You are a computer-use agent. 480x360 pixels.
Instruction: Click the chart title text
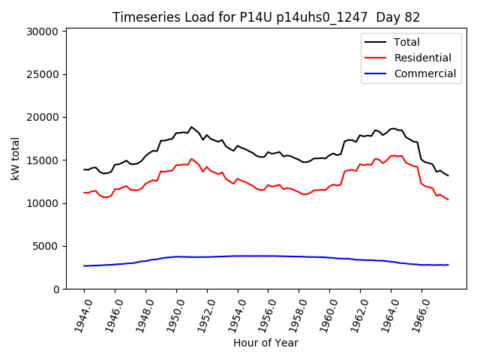click(x=265, y=17)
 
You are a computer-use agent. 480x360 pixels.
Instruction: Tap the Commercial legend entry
click(x=424, y=73)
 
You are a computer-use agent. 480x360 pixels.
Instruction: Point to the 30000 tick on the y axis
click(x=42, y=31)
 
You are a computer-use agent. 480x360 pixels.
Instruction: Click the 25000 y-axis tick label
click(x=42, y=74)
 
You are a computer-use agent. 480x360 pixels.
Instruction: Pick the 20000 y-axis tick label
click(x=42, y=117)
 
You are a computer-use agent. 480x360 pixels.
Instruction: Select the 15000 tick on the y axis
click(x=42, y=160)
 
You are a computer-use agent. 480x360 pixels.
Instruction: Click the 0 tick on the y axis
click(x=55, y=289)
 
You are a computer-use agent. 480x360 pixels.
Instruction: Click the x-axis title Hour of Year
click(x=265, y=343)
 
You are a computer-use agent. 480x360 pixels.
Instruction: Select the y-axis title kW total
click(x=15, y=158)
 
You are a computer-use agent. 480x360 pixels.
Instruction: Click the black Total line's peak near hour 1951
click(x=191, y=127)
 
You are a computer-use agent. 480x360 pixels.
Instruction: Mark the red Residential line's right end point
click(x=448, y=199)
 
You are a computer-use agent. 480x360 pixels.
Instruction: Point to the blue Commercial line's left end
click(x=84, y=265)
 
